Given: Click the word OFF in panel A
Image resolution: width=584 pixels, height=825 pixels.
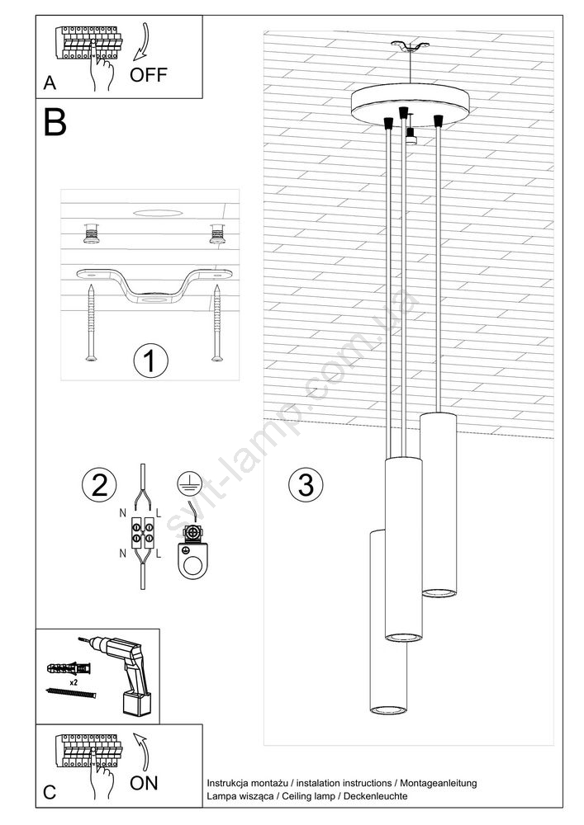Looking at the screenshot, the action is coord(148,75).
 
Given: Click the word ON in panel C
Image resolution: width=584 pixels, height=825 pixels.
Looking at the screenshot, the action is coord(144,784).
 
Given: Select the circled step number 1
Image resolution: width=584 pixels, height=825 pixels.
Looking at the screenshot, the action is coord(150,361).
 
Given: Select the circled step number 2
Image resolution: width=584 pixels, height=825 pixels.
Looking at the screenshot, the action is coord(99,484).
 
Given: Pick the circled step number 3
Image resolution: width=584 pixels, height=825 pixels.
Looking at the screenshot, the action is coord(306,484).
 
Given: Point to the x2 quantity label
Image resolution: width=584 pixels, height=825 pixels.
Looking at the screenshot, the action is coord(74,682).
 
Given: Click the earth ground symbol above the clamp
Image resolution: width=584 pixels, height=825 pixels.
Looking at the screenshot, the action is coord(185,483).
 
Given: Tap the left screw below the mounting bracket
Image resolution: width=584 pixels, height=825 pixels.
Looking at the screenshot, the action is coord(92,322).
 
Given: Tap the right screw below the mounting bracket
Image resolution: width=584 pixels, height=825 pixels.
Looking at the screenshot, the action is coord(216,322).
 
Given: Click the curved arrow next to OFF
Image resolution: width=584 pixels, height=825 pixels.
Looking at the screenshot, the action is coord(141,42).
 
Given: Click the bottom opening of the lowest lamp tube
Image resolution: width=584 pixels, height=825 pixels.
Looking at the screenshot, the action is coord(388,709).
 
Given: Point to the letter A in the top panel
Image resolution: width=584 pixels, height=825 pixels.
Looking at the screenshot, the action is coord(50,83).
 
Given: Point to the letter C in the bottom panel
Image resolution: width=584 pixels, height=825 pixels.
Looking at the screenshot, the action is coord(50,792).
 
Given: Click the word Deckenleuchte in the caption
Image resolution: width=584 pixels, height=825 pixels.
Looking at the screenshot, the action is coord(376,796).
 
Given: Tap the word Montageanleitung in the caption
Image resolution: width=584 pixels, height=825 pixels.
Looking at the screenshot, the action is coord(438,784).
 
